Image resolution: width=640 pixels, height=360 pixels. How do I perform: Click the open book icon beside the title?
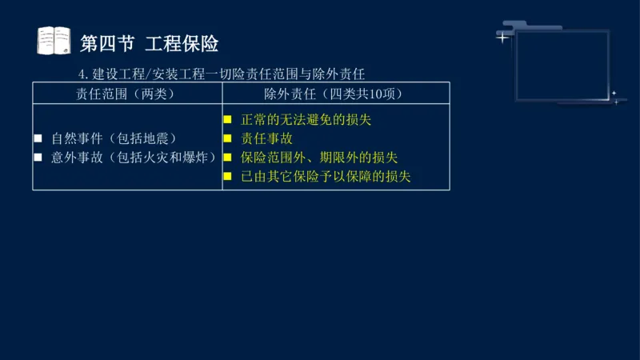tap(54, 41)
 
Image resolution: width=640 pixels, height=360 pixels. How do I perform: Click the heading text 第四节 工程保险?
tap(150, 42)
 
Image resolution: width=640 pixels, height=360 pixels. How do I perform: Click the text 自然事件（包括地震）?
tap(113, 138)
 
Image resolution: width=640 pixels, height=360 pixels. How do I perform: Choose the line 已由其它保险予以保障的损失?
tap(326, 177)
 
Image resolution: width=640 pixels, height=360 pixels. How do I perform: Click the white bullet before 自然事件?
tap(38, 139)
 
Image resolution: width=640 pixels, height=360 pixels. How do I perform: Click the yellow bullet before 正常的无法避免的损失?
tap(227, 120)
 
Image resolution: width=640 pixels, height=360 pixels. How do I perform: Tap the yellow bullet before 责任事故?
tap(227, 139)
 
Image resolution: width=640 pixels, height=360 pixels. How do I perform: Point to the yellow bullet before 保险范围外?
tap(227, 158)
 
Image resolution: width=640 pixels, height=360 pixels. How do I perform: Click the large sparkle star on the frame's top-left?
tap(502, 37)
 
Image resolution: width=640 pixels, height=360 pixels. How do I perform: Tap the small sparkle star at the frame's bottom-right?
tap(614, 94)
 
